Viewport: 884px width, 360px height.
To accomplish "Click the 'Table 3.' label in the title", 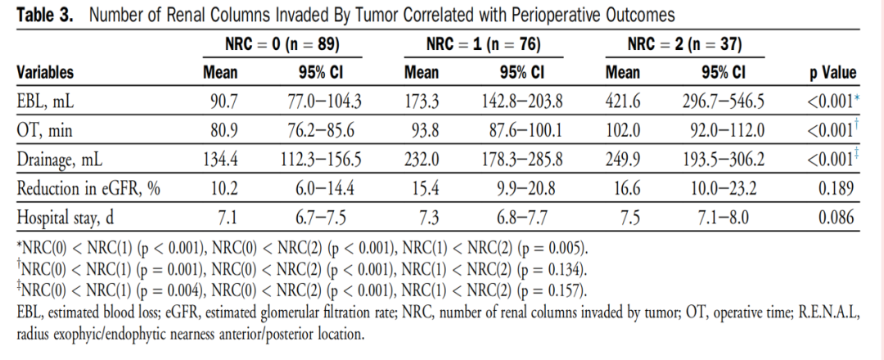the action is pyautogui.click(x=45, y=15).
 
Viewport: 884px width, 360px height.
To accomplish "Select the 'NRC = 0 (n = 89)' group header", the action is pyautogui.click(x=282, y=44).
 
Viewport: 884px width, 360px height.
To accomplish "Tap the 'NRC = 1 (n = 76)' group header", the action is pyautogui.click(x=484, y=44).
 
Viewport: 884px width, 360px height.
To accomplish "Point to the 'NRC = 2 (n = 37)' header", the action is pyautogui.click(x=685, y=44).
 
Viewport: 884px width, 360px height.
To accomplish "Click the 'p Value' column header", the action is pyautogui.click(x=832, y=73).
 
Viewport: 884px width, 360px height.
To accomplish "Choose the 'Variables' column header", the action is pyautogui.click(x=45, y=73).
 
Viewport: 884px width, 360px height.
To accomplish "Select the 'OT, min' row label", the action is pyautogui.click(x=44, y=131).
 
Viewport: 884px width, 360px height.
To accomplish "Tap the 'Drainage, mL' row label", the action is pyautogui.click(x=60, y=160).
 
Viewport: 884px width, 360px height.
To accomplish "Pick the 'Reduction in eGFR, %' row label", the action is pyautogui.click(x=88, y=188).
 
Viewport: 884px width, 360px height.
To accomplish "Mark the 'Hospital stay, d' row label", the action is pyautogui.click(x=65, y=218).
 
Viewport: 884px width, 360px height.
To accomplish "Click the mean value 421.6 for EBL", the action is pyautogui.click(x=623, y=101).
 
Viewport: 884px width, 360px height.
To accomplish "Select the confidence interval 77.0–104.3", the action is pyautogui.click(x=322, y=101).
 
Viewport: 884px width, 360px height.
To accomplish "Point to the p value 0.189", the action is pyautogui.click(x=836, y=188).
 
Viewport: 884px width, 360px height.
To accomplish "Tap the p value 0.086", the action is pyautogui.click(x=836, y=218).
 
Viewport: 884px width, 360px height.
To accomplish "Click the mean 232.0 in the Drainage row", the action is pyautogui.click(x=422, y=160).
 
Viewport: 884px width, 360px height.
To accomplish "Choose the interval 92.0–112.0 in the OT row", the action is pyautogui.click(x=728, y=131).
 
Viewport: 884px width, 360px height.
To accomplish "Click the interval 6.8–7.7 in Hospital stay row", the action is pyautogui.click(x=522, y=218).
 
